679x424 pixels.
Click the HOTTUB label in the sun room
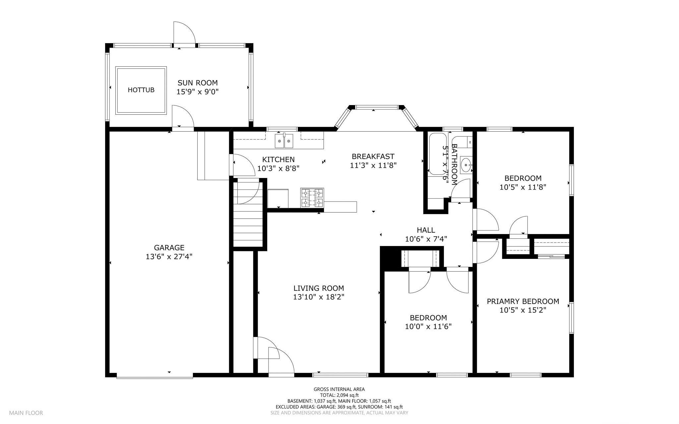click(x=141, y=90)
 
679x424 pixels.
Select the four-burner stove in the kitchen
click(x=312, y=198)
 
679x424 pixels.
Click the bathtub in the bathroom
click(x=437, y=154)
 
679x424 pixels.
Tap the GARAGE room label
click(x=169, y=248)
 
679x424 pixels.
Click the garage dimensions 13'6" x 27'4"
click(x=169, y=257)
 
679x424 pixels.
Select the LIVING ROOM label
click(x=319, y=288)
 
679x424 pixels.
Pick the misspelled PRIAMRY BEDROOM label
click(x=523, y=301)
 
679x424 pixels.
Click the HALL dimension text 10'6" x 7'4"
click(x=426, y=239)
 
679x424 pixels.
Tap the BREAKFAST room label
click(x=373, y=156)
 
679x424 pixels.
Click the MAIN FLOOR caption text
click(x=26, y=413)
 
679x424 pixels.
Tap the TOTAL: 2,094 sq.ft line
click(x=339, y=395)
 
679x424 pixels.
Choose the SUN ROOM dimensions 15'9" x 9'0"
click(x=198, y=92)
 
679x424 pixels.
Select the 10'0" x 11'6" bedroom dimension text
click(x=428, y=327)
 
